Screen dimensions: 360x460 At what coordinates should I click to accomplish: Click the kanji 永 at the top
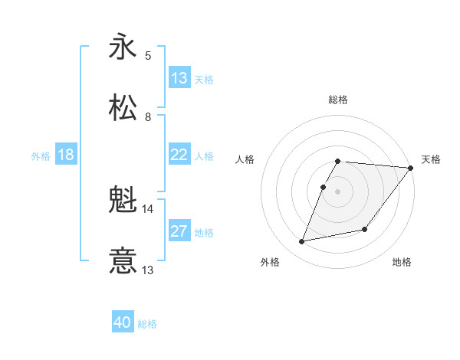(x=123, y=47)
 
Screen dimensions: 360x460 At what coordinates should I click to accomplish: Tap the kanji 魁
(x=123, y=201)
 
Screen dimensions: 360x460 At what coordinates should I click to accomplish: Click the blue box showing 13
(x=179, y=78)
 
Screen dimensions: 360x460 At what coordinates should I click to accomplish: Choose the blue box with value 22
(x=179, y=155)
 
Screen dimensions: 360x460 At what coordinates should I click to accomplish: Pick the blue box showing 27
(x=179, y=231)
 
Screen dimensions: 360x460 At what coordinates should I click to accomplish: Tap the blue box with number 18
(x=66, y=155)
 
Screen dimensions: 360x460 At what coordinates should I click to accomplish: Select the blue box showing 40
(x=123, y=322)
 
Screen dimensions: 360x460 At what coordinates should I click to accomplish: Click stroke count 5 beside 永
(x=148, y=55)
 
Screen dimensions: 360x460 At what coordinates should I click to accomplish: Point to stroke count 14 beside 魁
(x=147, y=208)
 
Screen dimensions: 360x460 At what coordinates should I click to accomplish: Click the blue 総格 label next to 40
(x=148, y=324)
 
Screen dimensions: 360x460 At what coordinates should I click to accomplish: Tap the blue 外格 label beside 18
(x=41, y=156)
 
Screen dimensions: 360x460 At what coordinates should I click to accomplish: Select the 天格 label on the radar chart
(x=431, y=159)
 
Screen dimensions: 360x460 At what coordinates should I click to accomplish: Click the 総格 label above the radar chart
(x=338, y=100)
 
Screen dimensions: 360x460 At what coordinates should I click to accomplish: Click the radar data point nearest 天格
(x=411, y=168)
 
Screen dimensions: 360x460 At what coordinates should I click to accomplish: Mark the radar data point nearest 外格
(x=302, y=241)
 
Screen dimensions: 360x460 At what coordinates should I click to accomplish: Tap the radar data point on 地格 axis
(x=365, y=229)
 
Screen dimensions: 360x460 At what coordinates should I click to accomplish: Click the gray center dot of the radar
(x=338, y=191)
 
